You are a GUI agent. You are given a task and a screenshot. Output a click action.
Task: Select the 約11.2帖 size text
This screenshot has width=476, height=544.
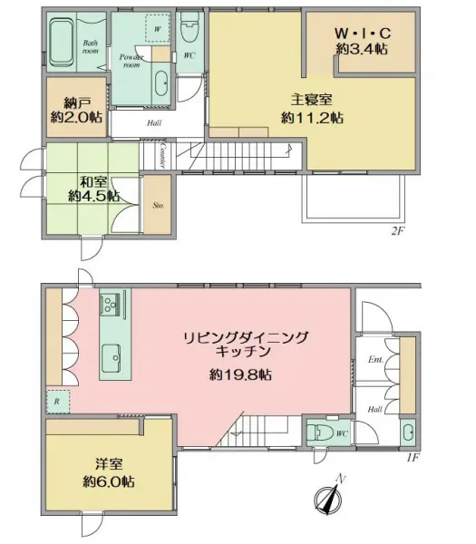(x=312, y=117)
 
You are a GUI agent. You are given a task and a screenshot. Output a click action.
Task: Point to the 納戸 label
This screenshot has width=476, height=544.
(x=75, y=102)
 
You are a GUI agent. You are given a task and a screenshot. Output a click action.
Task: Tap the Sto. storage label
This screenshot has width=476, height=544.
(x=156, y=206)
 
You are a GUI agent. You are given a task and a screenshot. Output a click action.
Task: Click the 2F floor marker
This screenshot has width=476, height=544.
(x=396, y=231)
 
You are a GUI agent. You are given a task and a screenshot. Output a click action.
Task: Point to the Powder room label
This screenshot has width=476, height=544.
(x=131, y=61)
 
